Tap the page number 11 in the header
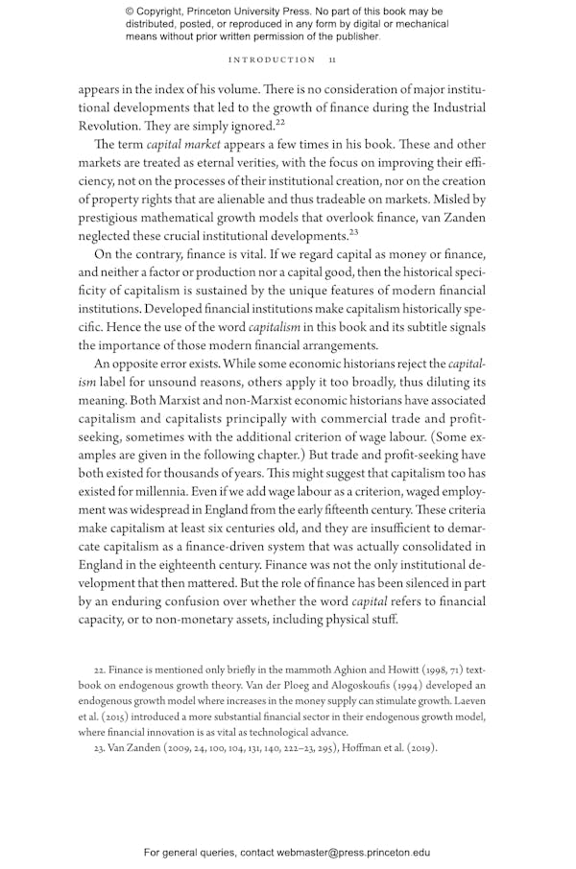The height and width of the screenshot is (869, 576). click(x=331, y=59)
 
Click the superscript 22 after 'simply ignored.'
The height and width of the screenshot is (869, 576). click(x=279, y=122)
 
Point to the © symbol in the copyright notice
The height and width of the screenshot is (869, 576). click(x=131, y=12)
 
